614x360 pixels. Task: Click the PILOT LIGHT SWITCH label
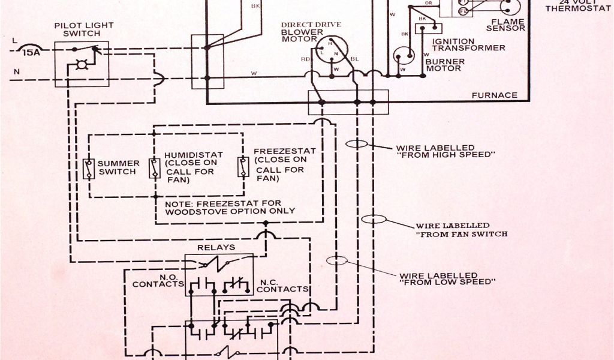(83, 29)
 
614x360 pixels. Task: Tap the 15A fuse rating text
(31, 53)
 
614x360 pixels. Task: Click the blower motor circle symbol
(328, 47)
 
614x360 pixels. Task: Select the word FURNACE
(494, 95)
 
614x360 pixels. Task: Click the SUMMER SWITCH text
(119, 167)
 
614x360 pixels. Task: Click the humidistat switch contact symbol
(155, 169)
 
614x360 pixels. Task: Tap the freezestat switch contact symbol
(243, 168)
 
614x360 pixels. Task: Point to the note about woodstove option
(230, 207)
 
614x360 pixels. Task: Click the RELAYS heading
(216, 247)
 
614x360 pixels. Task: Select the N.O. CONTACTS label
(158, 280)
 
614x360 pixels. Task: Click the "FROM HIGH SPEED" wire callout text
(443, 151)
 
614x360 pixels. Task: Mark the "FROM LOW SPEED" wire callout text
(447, 278)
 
